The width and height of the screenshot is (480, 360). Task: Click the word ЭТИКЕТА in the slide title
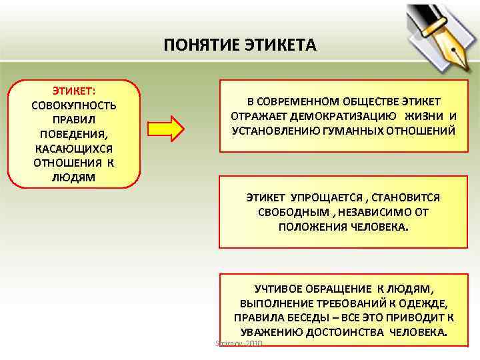279,45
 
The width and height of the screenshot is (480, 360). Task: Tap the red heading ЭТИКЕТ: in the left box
73,91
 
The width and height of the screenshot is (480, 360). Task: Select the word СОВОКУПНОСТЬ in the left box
73,105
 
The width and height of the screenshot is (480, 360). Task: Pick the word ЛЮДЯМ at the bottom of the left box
73,177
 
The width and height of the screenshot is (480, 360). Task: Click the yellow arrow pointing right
164,129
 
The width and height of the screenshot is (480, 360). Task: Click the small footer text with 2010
239,343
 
